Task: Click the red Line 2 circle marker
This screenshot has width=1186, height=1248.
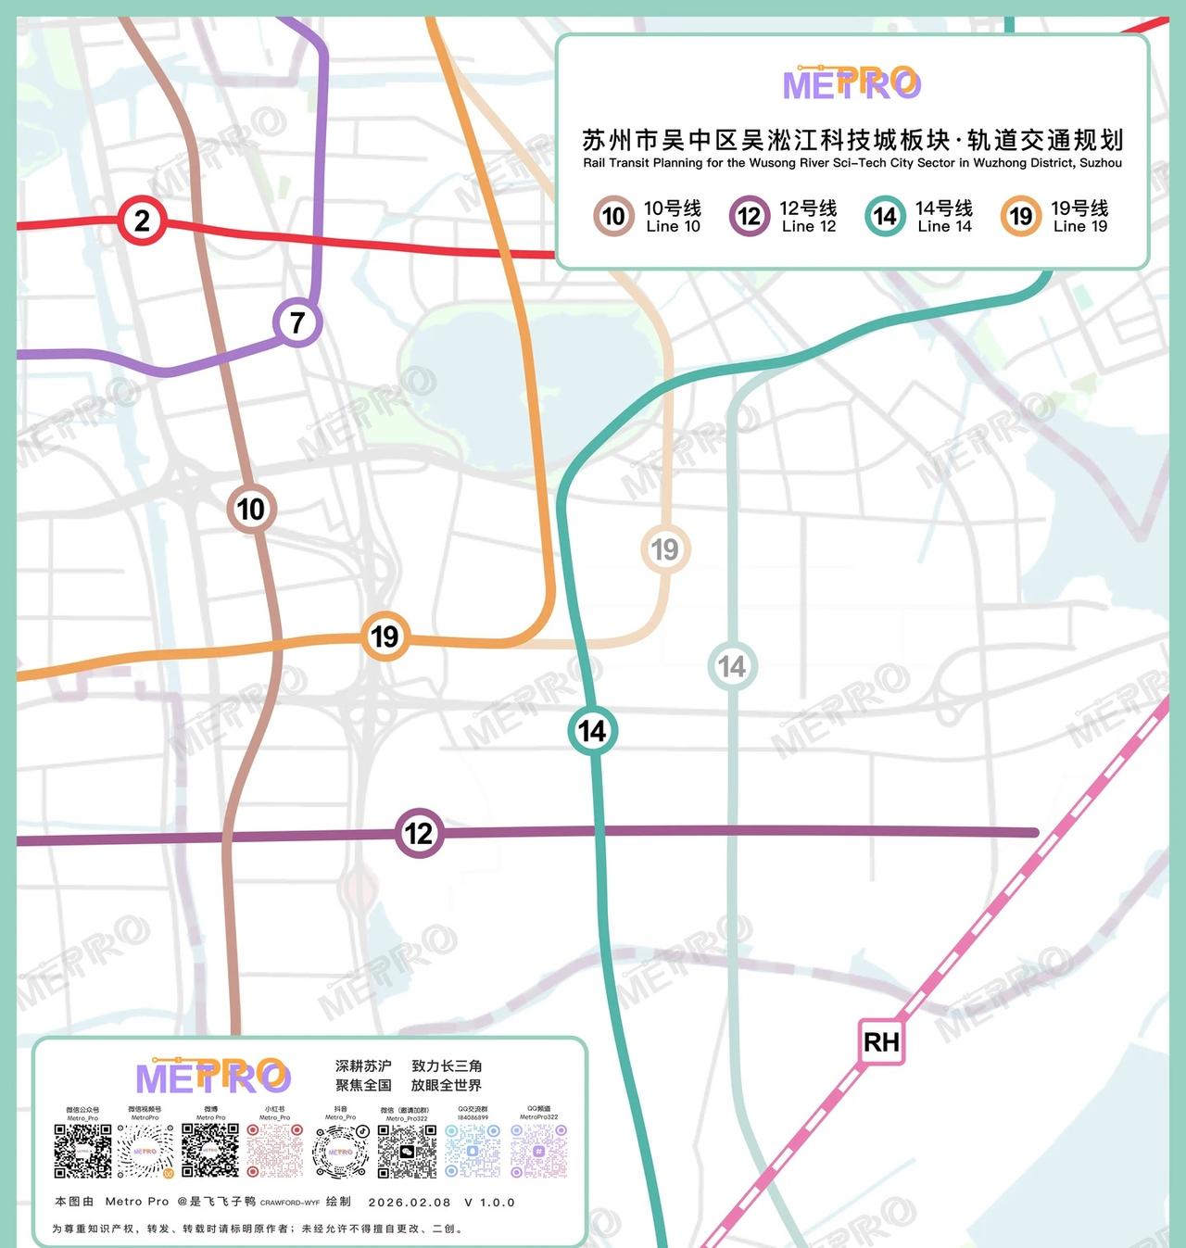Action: click(x=142, y=221)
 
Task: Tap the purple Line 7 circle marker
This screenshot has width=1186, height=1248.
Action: click(x=297, y=322)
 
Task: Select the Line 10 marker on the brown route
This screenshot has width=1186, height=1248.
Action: click(x=251, y=509)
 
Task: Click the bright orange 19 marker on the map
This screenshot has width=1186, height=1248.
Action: click(x=385, y=636)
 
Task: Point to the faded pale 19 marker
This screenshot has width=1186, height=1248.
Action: click(x=665, y=549)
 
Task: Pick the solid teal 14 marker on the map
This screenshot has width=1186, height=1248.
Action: click(x=592, y=731)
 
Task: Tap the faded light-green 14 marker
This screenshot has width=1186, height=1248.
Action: click(x=732, y=666)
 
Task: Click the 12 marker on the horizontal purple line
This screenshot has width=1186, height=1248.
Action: click(x=419, y=833)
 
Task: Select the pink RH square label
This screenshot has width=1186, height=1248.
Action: click(x=881, y=1042)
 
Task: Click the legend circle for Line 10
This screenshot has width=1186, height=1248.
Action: click(x=613, y=217)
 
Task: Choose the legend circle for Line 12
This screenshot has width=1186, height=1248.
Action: click(x=749, y=217)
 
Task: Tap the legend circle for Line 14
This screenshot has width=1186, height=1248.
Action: click(x=885, y=217)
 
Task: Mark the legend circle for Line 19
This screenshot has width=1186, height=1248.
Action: click(x=1020, y=217)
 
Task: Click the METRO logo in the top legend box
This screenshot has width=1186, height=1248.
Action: click(x=852, y=83)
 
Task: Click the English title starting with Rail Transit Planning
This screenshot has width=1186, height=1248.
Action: click(x=852, y=163)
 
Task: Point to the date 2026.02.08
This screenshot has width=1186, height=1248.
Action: click(x=410, y=1203)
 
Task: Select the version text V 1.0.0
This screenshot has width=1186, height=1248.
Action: click(x=489, y=1203)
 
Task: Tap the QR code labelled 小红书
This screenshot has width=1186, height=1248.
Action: click(x=274, y=1151)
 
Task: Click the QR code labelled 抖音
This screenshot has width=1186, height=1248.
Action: click(x=340, y=1151)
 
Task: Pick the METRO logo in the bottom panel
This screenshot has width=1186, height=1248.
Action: click(x=213, y=1077)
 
